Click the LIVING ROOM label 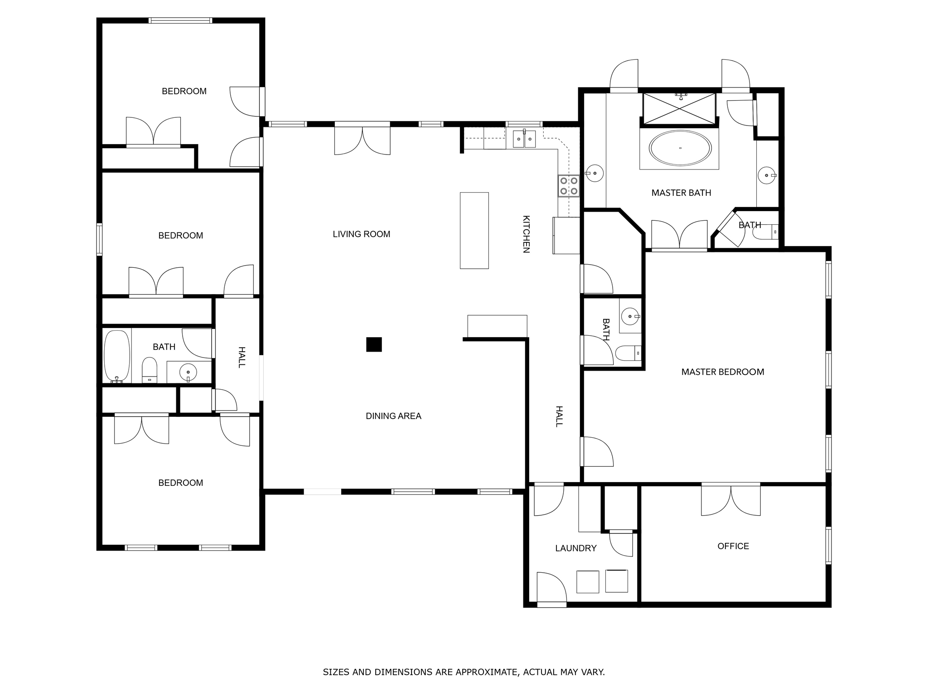click(x=361, y=234)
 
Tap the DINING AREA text click(x=393, y=416)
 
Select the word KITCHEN click(x=526, y=234)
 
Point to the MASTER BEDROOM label click(x=723, y=372)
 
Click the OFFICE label click(x=733, y=546)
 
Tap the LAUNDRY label click(x=576, y=548)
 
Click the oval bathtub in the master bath click(x=680, y=148)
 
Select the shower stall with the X click(x=679, y=108)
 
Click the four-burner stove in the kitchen click(x=569, y=186)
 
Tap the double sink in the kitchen click(x=524, y=139)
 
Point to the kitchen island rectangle click(x=474, y=231)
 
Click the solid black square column click(x=374, y=344)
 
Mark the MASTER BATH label click(x=681, y=193)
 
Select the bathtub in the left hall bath click(x=117, y=357)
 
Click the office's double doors click(x=731, y=499)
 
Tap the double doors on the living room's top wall click(x=362, y=139)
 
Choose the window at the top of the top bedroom click(x=180, y=20)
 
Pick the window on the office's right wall click(x=828, y=546)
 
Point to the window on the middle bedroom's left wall click(x=99, y=239)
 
